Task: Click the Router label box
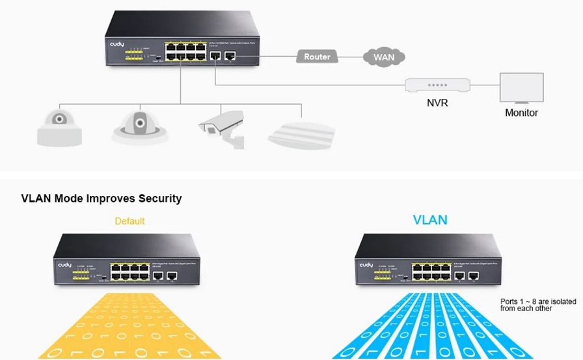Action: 317,57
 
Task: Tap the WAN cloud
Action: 384,57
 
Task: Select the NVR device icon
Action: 437,86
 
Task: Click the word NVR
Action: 437,103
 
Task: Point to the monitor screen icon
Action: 521,87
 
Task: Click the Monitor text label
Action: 521,113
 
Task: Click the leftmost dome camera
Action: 59,126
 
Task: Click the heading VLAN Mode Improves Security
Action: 102,198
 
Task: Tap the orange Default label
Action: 129,221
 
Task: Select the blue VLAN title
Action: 430,220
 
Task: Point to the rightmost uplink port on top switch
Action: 230,57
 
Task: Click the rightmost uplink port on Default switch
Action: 172,275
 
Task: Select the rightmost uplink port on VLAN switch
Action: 473,275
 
